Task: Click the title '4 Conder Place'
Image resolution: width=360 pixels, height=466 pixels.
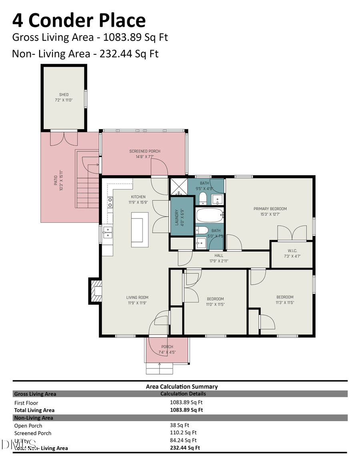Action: tap(79, 20)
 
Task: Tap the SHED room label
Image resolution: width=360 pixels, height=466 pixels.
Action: tap(64, 95)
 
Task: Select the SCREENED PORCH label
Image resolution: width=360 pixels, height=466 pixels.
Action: tap(144, 151)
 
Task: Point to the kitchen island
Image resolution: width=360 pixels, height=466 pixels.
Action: tap(140, 230)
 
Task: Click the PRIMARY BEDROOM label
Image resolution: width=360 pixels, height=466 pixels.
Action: tap(270, 208)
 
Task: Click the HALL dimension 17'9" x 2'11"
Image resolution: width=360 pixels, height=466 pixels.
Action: tap(219, 261)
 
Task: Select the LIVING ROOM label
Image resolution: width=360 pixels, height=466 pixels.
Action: tap(137, 297)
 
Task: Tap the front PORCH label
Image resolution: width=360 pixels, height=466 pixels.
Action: tap(167, 346)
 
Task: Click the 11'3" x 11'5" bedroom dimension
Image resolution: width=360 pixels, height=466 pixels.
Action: tap(285, 303)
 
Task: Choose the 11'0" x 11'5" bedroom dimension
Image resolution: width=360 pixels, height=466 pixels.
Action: tap(215, 304)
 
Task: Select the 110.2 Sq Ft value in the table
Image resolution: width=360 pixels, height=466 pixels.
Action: tap(183, 432)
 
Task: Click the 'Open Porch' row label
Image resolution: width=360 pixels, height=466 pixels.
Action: tap(28, 426)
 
